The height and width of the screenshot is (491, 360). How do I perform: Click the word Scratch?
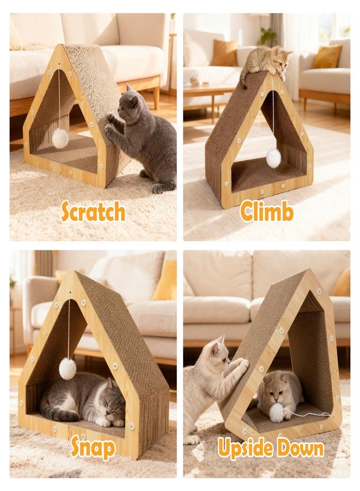click(93, 212)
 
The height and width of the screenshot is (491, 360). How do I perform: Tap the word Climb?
click(267, 212)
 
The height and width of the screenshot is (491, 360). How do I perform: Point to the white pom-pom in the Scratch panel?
click(60, 138)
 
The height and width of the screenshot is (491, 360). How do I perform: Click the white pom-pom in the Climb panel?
click(273, 158)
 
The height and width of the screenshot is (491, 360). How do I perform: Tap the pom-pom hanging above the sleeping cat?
click(68, 369)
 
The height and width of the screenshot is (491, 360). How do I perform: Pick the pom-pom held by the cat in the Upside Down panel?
click(276, 412)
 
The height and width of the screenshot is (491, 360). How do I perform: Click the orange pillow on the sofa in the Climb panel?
click(224, 52)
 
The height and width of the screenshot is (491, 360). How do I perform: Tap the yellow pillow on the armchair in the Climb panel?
click(327, 56)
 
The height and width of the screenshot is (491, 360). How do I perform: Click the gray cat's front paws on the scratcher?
click(110, 124)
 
